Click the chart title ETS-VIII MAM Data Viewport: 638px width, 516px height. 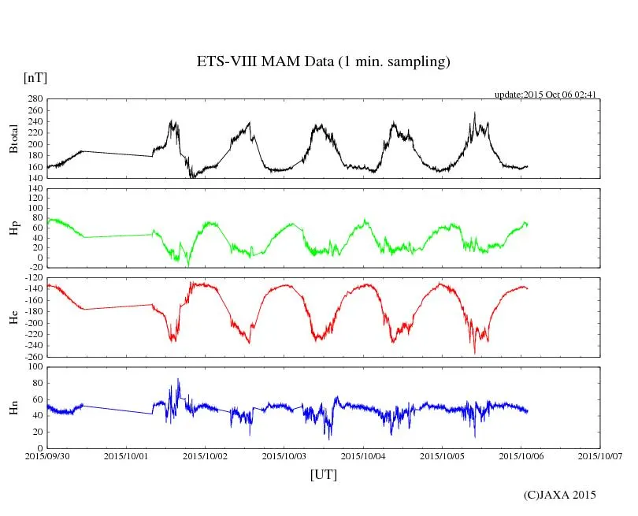click(x=323, y=61)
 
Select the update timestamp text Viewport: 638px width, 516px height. click(x=545, y=95)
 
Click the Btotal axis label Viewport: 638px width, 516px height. click(x=13, y=139)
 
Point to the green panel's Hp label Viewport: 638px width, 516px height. click(x=13, y=228)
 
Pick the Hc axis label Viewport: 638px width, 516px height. click(x=13, y=317)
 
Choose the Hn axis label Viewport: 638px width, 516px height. click(x=13, y=407)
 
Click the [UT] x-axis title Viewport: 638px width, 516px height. click(x=323, y=474)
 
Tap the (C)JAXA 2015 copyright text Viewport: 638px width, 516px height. click(x=560, y=495)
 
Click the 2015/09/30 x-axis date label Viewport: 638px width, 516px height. click(x=47, y=455)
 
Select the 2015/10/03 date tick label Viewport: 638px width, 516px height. click(x=284, y=455)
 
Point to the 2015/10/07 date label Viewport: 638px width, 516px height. click(x=600, y=455)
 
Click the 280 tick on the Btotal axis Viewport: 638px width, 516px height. click(x=35, y=99)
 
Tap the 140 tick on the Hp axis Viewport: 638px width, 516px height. click(x=35, y=189)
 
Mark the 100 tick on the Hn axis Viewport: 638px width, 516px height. click(x=35, y=367)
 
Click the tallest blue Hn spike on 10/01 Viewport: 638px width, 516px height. click(x=178, y=380)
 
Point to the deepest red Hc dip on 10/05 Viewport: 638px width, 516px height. click(x=474, y=352)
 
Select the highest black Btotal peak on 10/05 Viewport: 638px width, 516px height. click(x=474, y=113)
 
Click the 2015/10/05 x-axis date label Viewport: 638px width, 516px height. click(x=443, y=455)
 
